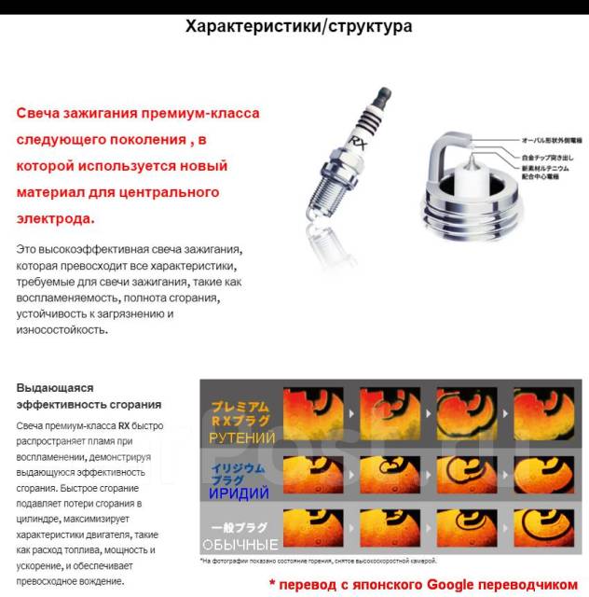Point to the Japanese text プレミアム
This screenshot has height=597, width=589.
pos(240,407)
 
